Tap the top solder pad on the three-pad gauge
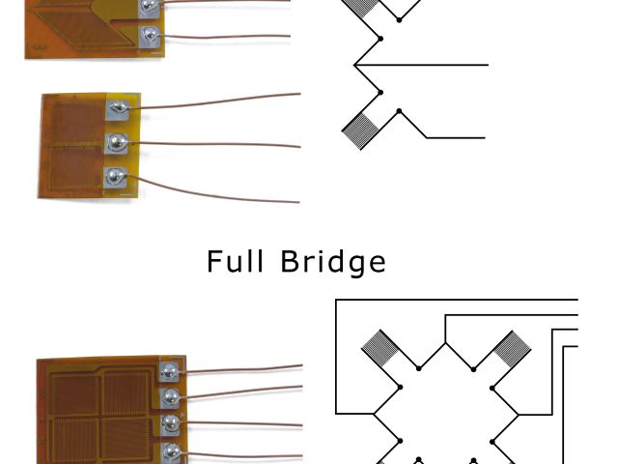pos(117,108)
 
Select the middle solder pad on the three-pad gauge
pos(116,143)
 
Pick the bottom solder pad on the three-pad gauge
pos(115,178)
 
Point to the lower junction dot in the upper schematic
pos(381,93)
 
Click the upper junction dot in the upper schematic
pos(381,39)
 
